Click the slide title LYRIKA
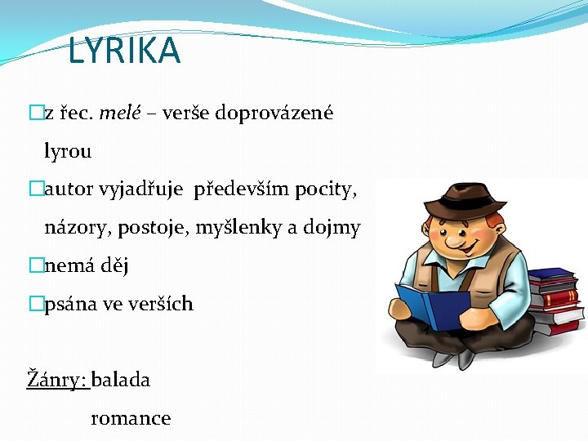point(124,51)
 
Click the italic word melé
point(120,113)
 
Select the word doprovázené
point(274,113)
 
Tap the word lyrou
point(68,151)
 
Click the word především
point(242,189)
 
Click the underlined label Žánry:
point(57,380)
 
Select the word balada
point(121,380)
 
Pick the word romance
point(131,418)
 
